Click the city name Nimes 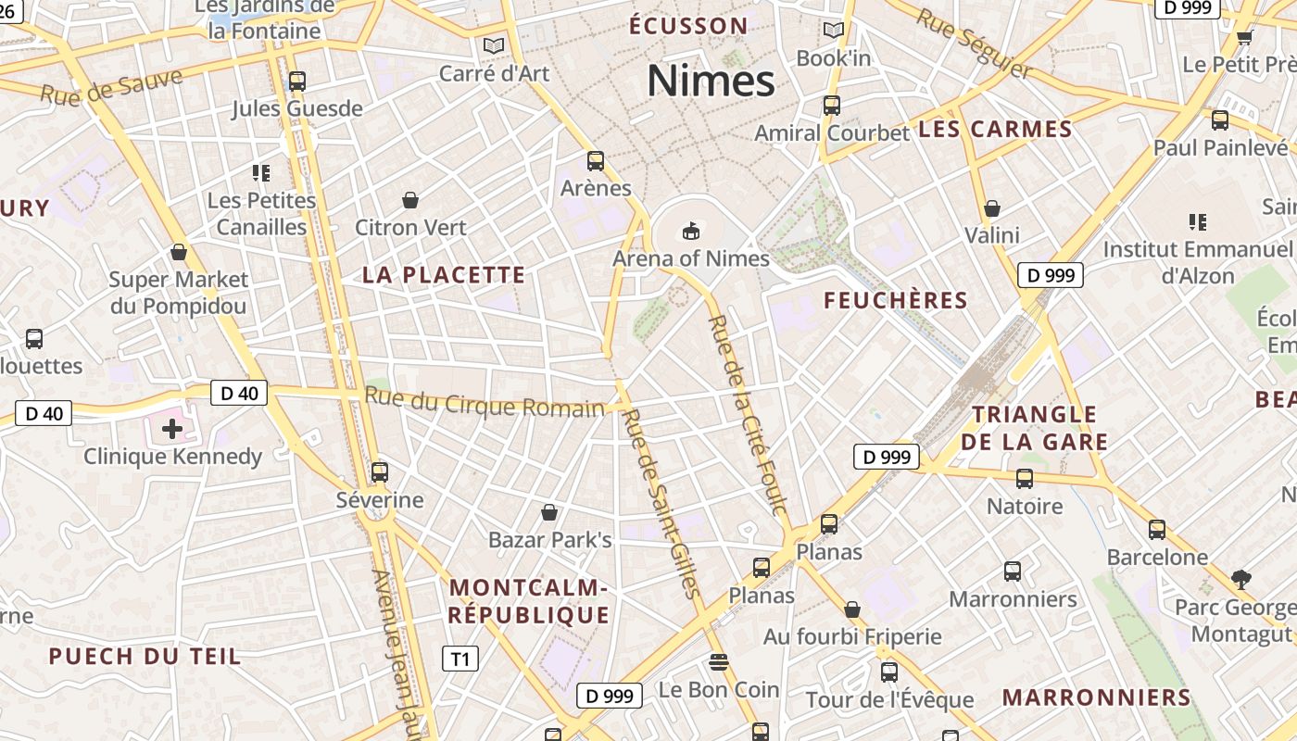point(711,81)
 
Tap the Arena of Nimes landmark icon point(690,230)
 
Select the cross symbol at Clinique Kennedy point(171,428)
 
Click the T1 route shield point(460,659)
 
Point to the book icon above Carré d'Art point(494,45)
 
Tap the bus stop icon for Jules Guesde point(296,82)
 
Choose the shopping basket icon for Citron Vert point(409,200)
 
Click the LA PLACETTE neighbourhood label point(444,275)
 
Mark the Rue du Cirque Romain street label point(485,404)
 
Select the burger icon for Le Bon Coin point(718,662)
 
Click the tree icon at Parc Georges point(1241,580)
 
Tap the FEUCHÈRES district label point(895,300)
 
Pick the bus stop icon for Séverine point(379,472)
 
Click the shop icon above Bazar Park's point(549,512)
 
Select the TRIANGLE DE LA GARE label point(1034,428)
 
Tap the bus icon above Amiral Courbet point(831,106)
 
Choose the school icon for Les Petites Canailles point(261,172)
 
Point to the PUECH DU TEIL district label point(145,657)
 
